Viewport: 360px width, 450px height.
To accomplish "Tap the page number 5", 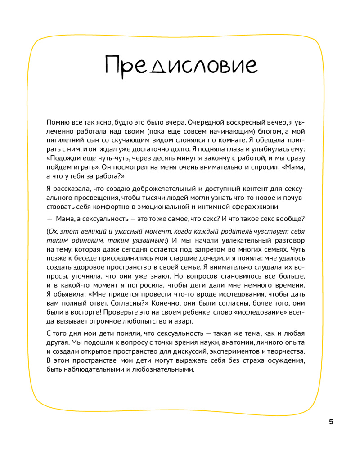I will pos(332,422).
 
